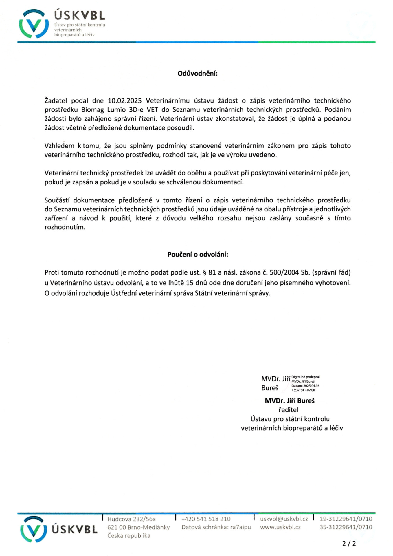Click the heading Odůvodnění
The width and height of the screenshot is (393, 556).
(x=197, y=74)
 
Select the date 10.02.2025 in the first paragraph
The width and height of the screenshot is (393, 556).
(x=125, y=101)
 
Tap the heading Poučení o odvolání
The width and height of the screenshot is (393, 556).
(x=198, y=255)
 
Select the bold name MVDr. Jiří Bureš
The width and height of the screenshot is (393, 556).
(x=290, y=401)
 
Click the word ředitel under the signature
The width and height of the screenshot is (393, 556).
(x=288, y=410)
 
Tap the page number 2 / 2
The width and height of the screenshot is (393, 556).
(x=349, y=544)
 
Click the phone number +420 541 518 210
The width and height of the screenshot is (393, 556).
(x=206, y=519)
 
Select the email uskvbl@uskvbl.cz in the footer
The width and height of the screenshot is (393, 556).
(x=284, y=519)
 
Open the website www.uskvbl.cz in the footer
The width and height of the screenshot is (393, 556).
(x=280, y=527)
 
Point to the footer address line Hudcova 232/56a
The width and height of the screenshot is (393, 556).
(x=131, y=519)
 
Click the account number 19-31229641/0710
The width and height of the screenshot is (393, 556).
(x=346, y=519)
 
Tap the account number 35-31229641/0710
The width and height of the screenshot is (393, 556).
(x=346, y=527)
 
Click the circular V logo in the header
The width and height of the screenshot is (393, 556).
(x=34, y=24)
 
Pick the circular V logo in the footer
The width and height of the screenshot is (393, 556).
(x=34, y=529)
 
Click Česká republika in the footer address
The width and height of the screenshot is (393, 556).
(x=129, y=536)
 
